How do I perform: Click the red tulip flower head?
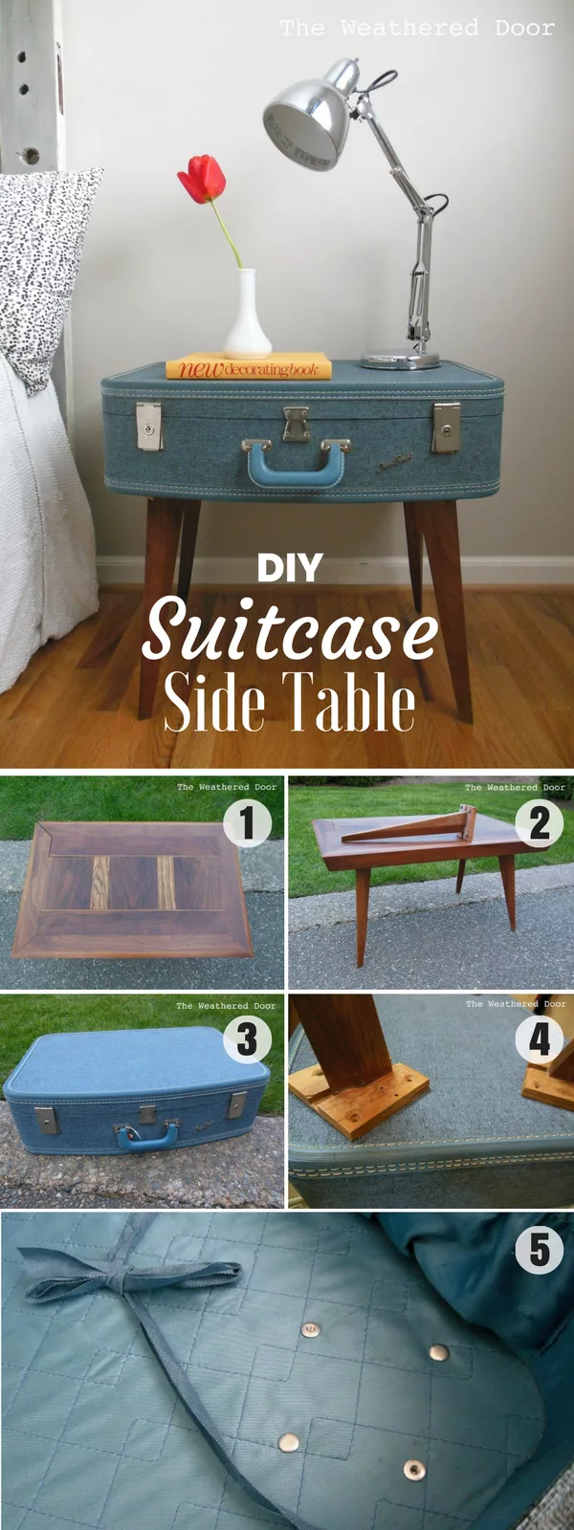pyautogui.click(x=202, y=179)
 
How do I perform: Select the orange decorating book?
pyautogui.click(x=249, y=367)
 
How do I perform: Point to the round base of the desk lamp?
pyautogui.click(x=400, y=361)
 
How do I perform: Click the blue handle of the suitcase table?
pyautogui.click(x=296, y=464)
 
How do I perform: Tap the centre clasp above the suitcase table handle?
pyautogui.click(x=296, y=422)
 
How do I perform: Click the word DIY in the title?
pyautogui.click(x=290, y=569)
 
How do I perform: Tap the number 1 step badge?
pyautogui.click(x=247, y=823)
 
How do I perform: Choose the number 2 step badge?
pyautogui.click(x=540, y=823)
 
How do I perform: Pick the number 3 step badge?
pyautogui.click(x=247, y=1039)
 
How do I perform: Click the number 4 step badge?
pyautogui.click(x=540, y=1039)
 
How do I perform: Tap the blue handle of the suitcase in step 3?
pyautogui.click(x=147, y=1136)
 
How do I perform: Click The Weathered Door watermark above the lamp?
pyautogui.click(x=417, y=29)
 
